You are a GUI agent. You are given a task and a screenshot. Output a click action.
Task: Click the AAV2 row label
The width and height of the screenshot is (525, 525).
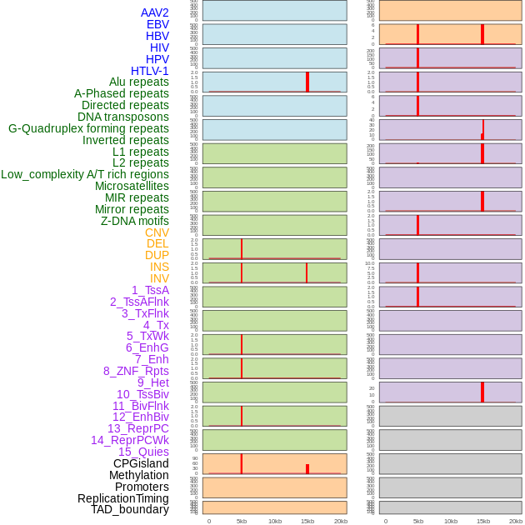tap(154, 13)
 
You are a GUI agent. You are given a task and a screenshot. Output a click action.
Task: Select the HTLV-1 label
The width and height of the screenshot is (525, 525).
tap(149, 71)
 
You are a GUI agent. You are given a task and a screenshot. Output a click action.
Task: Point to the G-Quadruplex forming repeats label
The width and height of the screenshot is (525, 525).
tap(88, 128)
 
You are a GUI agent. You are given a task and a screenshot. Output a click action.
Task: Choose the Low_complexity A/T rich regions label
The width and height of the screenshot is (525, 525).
tap(85, 174)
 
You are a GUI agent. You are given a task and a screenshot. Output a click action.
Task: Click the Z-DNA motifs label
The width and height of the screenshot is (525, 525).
tap(134, 221)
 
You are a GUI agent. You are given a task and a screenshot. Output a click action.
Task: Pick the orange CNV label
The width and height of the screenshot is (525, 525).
tap(157, 232)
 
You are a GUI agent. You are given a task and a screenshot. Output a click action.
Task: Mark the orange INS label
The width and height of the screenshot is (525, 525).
tap(159, 267)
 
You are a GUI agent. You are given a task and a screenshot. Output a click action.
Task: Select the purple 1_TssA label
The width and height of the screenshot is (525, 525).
tap(150, 290)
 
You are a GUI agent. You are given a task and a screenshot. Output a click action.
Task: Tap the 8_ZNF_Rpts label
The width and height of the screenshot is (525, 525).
tap(136, 371)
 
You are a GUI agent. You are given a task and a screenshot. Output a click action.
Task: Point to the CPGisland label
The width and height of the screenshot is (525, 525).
tap(141, 463)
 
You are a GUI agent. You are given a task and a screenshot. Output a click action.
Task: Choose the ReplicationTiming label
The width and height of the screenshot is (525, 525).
tap(122, 498)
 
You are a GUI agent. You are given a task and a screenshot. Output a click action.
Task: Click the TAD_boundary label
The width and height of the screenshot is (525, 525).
tap(129, 509)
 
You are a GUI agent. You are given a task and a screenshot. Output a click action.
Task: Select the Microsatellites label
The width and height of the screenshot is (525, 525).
tap(132, 186)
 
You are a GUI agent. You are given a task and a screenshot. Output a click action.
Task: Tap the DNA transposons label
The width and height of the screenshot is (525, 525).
tap(122, 117)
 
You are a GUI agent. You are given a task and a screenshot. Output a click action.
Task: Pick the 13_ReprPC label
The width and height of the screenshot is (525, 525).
tap(137, 428)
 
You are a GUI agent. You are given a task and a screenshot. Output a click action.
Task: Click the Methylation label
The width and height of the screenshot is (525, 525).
tap(138, 475)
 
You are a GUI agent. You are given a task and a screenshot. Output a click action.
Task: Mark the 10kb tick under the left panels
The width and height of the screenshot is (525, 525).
tap(275, 521)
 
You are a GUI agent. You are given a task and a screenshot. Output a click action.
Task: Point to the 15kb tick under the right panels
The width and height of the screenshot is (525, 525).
tap(483, 521)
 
